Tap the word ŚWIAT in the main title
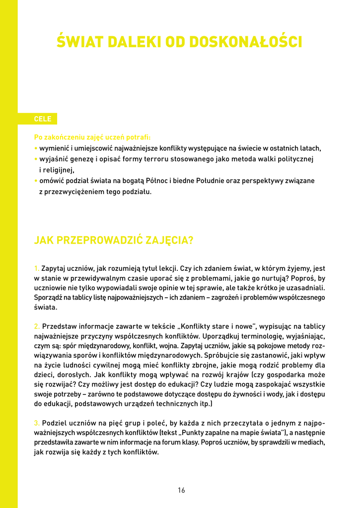pyautogui.click(x=77, y=42)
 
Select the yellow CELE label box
pyautogui.click(x=43, y=119)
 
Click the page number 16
pyautogui.click(x=181, y=490)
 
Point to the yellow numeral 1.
pyautogui.click(x=36, y=268)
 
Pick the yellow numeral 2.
pyautogui.click(x=37, y=326)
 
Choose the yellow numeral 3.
pyautogui.click(x=37, y=423)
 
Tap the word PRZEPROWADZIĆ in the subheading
pyautogui.click(x=100, y=241)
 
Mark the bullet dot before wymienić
pyautogui.click(x=36, y=148)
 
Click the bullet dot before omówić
pyautogui.click(x=36, y=181)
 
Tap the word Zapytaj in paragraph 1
pyautogui.click(x=53, y=268)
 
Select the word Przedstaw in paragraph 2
pyautogui.click(x=60, y=326)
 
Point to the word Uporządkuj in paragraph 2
pyautogui.click(x=224, y=336)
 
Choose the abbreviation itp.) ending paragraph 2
pyautogui.click(x=206, y=404)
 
